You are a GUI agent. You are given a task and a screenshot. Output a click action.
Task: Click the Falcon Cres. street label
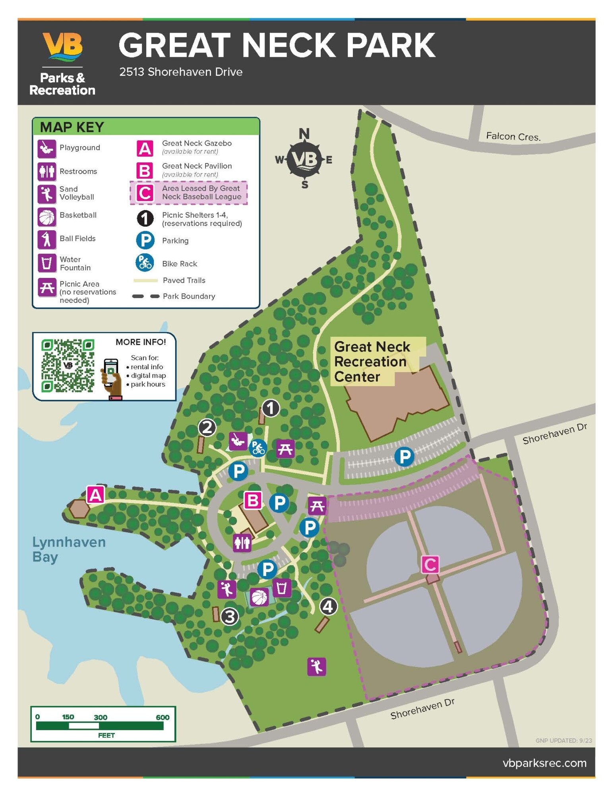pyautogui.click(x=513, y=137)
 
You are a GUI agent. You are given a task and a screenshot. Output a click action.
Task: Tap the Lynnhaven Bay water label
pyautogui.click(x=68, y=549)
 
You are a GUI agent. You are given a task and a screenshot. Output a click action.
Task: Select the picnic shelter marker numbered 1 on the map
pyautogui.click(x=271, y=408)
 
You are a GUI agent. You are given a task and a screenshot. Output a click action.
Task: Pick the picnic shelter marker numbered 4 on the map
pyautogui.click(x=328, y=606)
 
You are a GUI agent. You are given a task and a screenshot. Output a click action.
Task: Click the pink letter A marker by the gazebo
pyautogui.click(x=95, y=495)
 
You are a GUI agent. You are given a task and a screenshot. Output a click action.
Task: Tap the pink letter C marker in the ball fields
pyautogui.click(x=430, y=565)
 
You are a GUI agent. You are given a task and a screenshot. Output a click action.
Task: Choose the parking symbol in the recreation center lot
pyautogui.click(x=404, y=457)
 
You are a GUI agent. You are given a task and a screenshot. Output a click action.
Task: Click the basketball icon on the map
pyautogui.click(x=259, y=597)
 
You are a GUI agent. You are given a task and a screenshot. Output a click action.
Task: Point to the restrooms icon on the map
pyautogui.click(x=242, y=542)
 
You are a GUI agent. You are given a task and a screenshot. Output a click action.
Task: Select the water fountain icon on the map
pyautogui.click(x=282, y=588)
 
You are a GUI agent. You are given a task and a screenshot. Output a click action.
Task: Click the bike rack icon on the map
pyautogui.click(x=258, y=448)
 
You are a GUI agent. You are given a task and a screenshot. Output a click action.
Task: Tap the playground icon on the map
pyautogui.click(x=238, y=441)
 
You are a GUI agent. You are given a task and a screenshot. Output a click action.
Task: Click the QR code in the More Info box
pyautogui.click(x=68, y=366)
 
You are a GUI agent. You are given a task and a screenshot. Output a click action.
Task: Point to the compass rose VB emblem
pyautogui.click(x=304, y=160)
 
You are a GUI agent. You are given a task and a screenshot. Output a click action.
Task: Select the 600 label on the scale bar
pyautogui.click(x=163, y=717)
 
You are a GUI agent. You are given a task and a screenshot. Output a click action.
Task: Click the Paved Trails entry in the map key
pyautogui.click(x=184, y=280)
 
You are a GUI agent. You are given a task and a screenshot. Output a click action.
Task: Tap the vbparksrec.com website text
pyautogui.click(x=544, y=763)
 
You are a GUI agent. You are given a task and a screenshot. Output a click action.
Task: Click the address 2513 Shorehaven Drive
pyautogui.click(x=181, y=72)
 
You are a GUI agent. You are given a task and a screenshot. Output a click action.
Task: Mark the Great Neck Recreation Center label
pyautogui.click(x=372, y=361)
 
